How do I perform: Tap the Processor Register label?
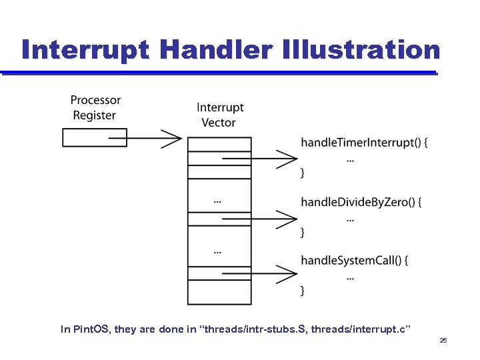tap(95, 107)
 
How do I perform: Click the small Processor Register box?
tap(85, 137)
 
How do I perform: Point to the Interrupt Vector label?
tap(220, 115)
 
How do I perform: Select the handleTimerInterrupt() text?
tap(364, 142)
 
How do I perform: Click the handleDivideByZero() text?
tap(361, 202)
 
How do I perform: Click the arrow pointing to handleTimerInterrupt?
tap(260, 159)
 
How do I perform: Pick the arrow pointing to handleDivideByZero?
tap(260, 218)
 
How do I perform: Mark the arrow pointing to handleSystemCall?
tap(260, 274)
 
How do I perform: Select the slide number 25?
tap(443, 341)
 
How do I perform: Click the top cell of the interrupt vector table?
tap(219, 144)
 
